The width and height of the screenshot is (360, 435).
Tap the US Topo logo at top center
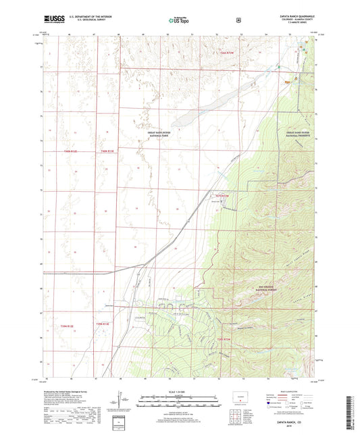tap(179, 21)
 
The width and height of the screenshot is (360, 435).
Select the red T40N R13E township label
tap(108, 151)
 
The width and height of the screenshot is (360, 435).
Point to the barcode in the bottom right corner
tap(351, 405)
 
